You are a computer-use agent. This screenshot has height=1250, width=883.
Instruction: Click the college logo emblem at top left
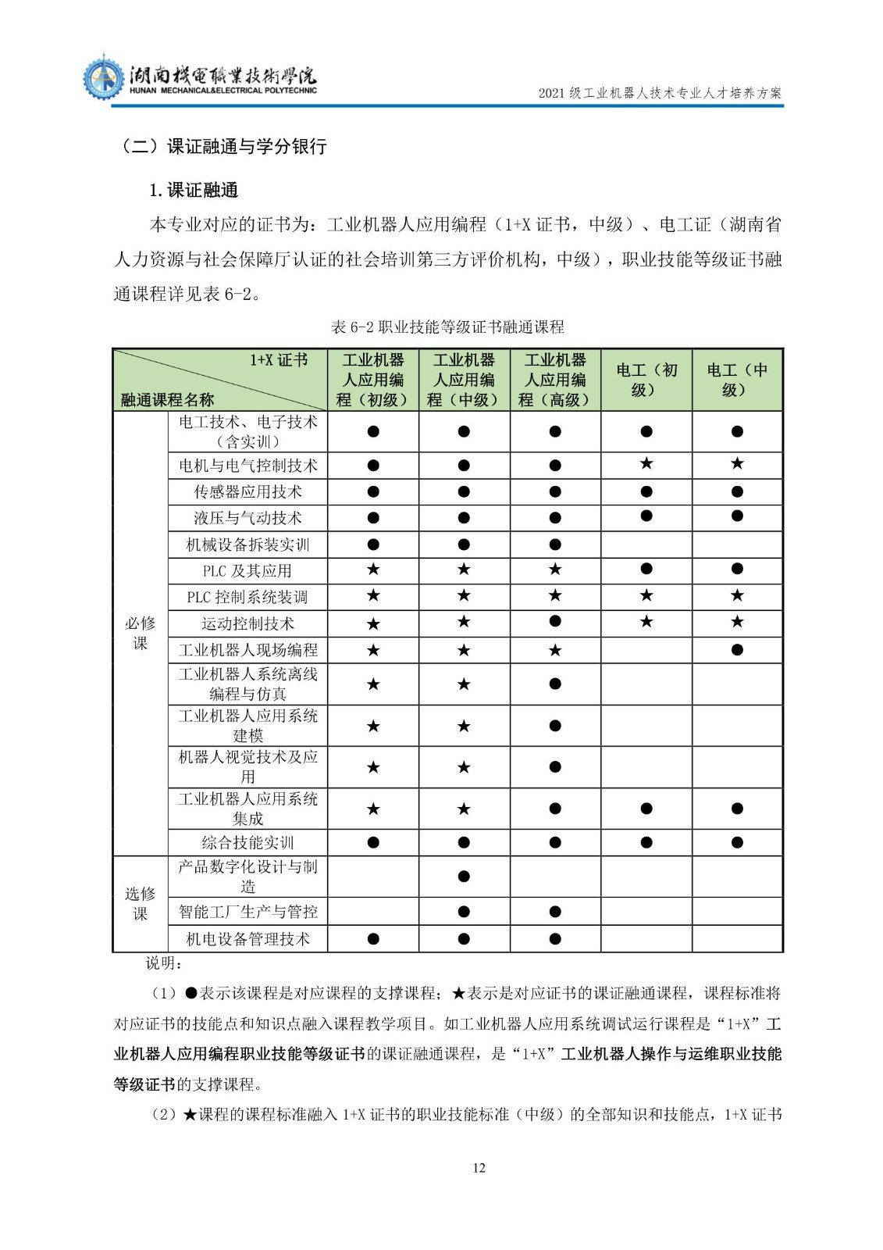coord(103,77)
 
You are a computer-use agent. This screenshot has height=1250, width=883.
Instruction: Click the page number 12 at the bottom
coord(479,1167)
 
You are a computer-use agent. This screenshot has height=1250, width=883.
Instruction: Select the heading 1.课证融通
coord(194,190)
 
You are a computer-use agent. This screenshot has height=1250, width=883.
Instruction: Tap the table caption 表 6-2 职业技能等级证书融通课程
coord(447,327)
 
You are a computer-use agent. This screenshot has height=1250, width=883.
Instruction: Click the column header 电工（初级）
coord(646,380)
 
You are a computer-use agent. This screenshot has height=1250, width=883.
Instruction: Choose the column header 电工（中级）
coord(737,380)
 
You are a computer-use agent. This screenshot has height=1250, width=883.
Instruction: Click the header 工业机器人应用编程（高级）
coord(555,380)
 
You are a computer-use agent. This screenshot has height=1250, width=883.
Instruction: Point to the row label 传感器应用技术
coord(247,491)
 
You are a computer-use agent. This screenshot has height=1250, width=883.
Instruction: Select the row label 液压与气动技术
coord(247,518)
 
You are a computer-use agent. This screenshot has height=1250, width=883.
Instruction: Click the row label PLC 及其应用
coord(247,570)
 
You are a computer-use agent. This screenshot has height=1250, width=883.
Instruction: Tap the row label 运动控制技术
coord(247,623)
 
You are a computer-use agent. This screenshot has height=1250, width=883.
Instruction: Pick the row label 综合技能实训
coord(247,842)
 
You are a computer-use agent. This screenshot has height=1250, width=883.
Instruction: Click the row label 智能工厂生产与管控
coord(247,912)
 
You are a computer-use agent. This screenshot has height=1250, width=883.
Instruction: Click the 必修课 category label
coord(141,633)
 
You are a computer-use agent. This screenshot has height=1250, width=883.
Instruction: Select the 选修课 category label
coord(141,903)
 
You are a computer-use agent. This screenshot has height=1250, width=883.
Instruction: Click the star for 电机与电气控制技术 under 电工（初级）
coord(646,464)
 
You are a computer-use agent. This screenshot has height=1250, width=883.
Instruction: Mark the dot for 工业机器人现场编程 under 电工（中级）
coord(737,649)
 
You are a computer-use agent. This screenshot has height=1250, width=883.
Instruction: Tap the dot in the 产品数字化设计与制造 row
coord(464,876)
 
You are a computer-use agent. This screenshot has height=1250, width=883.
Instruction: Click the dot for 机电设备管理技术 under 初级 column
coord(373,938)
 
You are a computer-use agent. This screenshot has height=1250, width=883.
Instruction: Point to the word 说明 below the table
coord(163,963)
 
